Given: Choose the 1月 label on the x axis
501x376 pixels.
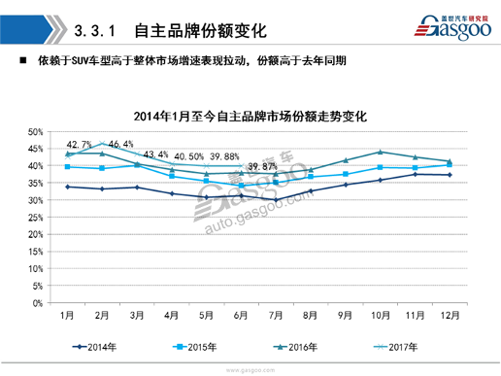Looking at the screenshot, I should (68, 316).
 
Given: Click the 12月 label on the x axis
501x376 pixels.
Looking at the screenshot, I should (450, 316).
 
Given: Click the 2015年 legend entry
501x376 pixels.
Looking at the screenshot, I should (200, 344).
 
